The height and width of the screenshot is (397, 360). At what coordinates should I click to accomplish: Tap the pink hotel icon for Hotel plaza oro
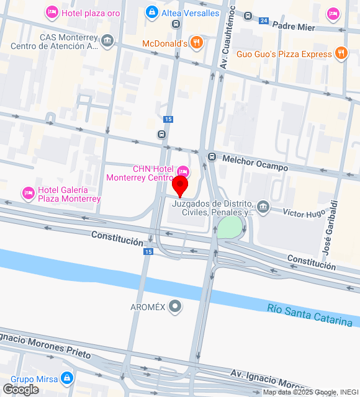point(52,12)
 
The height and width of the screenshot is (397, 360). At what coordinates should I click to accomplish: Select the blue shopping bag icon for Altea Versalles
point(151,12)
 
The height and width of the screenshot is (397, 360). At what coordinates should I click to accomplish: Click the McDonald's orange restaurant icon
point(197,42)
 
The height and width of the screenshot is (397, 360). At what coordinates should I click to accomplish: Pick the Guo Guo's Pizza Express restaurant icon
point(340,54)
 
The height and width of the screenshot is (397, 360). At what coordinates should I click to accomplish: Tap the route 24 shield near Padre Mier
point(264,21)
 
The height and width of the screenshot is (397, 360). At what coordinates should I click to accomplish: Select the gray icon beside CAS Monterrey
point(108,41)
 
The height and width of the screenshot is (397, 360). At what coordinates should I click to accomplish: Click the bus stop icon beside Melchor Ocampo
point(212,156)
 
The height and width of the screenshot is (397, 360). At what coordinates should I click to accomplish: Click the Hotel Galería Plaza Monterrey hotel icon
point(28,194)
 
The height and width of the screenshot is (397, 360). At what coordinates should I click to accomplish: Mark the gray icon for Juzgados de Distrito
point(263,206)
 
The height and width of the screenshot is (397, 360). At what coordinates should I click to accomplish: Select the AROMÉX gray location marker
point(176,306)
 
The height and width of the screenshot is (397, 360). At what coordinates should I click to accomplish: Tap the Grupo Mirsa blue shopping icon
point(67,378)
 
